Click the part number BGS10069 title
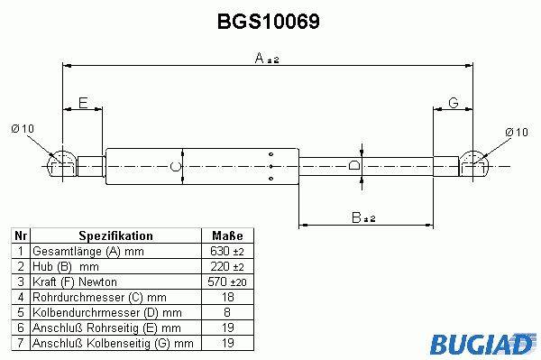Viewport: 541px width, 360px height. (269, 22)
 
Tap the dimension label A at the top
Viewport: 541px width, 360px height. (260, 58)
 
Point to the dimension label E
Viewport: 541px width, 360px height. (83, 103)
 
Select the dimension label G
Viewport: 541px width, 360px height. (453, 103)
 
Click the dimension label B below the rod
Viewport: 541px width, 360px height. (356, 217)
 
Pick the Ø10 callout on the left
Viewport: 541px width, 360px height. (23, 129)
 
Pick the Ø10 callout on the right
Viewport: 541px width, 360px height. (517, 132)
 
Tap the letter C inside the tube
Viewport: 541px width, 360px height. (175, 166)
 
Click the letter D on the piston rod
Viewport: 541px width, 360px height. (353, 165)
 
